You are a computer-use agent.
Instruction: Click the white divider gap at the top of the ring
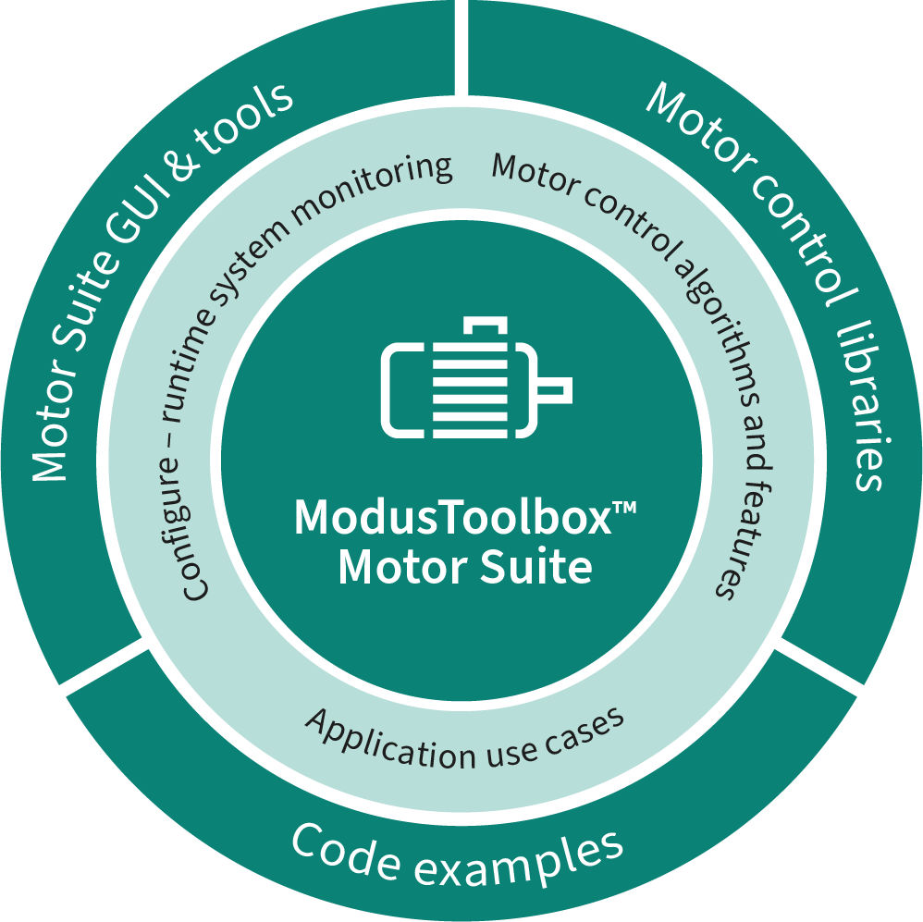(x=461, y=46)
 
